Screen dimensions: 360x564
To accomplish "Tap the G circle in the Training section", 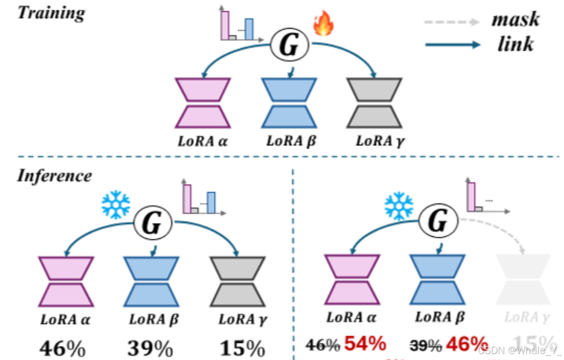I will [x=290, y=45].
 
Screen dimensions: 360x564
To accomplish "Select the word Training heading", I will [x=51, y=12].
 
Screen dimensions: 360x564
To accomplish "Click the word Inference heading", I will [x=54, y=175].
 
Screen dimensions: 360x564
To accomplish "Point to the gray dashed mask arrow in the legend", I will [x=451, y=22].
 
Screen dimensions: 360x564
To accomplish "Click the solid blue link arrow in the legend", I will [x=452, y=45].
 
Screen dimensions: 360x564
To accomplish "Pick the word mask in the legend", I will [x=515, y=19].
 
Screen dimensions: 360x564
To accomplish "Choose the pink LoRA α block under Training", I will [x=203, y=103].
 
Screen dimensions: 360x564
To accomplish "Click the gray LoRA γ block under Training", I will [x=374, y=103].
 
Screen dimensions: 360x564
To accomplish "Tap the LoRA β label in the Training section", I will [x=291, y=142].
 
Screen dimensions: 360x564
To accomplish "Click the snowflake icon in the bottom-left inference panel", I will [x=116, y=205].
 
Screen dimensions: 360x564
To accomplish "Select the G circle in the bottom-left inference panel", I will [x=151, y=222].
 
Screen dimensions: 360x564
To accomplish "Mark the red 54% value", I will [x=365, y=343].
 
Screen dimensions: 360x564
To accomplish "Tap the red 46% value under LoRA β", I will [x=465, y=343].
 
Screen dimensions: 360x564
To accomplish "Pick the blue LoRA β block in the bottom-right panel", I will [x=436, y=279].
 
